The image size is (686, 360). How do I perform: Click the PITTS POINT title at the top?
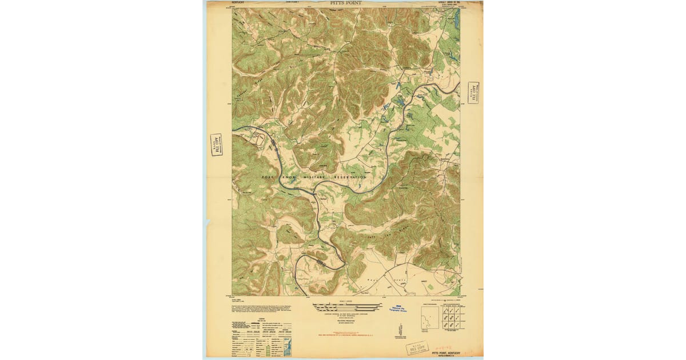click(345, 3)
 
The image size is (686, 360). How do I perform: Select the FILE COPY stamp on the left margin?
click(216, 145)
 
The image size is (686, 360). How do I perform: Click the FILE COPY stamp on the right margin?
click(473, 92)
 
